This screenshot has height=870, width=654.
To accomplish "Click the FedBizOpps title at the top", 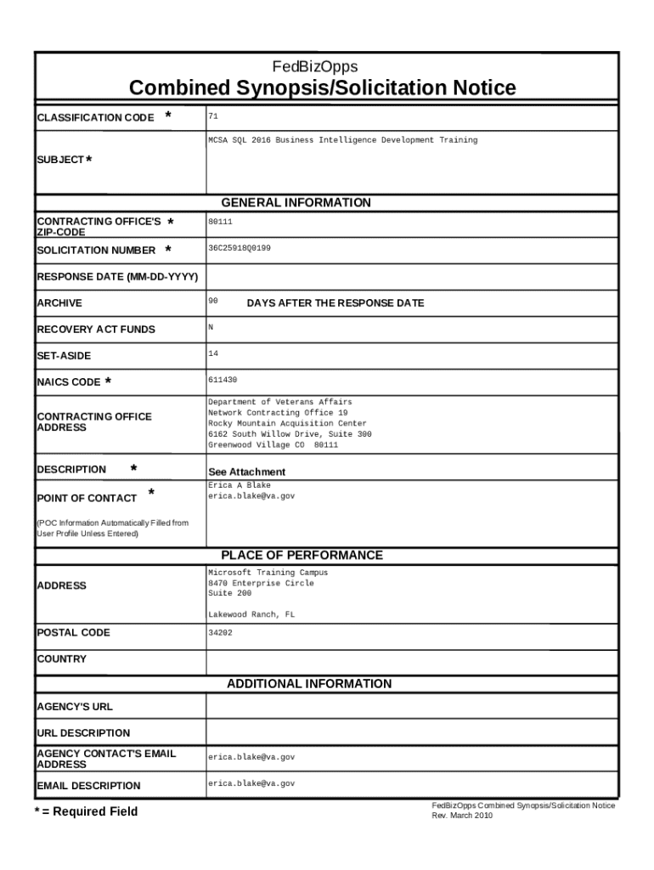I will tap(315, 66).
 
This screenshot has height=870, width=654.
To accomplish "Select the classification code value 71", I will tap(213, 114).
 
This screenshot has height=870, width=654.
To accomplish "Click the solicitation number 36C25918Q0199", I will tap(240, 248).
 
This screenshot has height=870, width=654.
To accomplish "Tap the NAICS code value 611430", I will tap(223, 380).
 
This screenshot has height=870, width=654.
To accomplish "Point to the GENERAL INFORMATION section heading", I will tap(296, 202).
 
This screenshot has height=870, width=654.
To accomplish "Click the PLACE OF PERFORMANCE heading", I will tap(302, 555).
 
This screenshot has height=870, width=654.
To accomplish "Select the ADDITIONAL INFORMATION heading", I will tap(308, 683).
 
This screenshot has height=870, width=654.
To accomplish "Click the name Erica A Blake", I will tap(240, 485).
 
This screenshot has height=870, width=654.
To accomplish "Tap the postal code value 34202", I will tap(220, 632).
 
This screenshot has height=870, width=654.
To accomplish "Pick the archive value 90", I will tap(213, 301).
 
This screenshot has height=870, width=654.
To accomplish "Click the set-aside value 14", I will tap(213, 353).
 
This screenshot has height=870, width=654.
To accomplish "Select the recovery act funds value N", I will tap(211, 327).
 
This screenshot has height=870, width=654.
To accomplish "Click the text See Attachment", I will tap(246, 472).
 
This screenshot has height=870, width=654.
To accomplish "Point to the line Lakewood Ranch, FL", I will tap(251, 614).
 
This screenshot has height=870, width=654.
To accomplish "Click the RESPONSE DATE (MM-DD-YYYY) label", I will tap(117, 277).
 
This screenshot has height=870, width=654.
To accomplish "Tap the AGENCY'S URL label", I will tap(75, 707).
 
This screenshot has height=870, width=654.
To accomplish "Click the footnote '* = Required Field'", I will tap(85, 811).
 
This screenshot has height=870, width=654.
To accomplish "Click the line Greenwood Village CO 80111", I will tap(273, 444).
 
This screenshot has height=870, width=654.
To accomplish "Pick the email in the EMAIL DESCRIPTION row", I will tap(251, 783).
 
